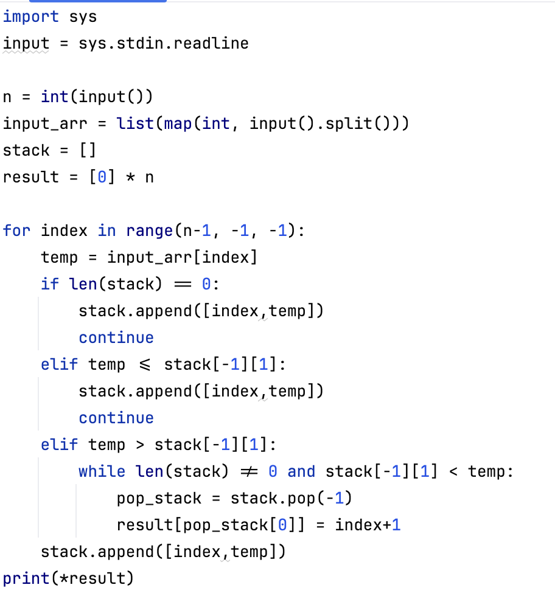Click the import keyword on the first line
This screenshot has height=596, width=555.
31,16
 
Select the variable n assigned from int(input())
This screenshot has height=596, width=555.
7,97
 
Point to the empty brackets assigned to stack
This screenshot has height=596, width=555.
88,150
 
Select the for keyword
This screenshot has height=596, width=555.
16,230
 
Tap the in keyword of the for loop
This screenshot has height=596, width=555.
107,230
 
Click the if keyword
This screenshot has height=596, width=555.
50,284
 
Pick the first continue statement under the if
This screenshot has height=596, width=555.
116,338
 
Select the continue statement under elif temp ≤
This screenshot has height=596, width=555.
116,418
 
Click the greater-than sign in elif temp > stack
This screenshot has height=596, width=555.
140,445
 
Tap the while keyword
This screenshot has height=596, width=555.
102,471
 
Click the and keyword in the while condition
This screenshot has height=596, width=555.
301,471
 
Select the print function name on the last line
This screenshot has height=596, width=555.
26,578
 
